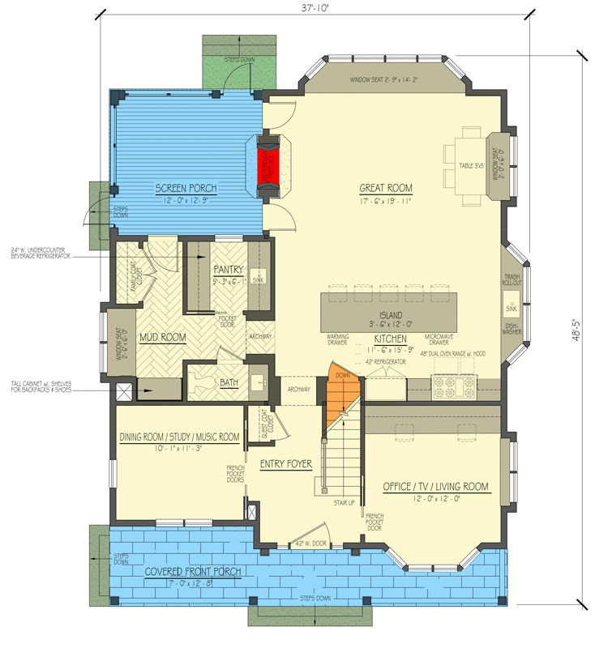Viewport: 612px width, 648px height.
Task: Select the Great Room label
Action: [x=385, y=188]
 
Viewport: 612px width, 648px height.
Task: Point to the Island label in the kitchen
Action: [x=390, y=316]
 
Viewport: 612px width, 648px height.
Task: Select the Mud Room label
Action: [x=162, y=337]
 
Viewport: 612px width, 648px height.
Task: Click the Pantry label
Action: [x=229, y=268]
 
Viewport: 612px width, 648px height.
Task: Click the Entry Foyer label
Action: [x=287, y=465]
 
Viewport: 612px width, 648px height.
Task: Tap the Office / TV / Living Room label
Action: [x=435, y=486]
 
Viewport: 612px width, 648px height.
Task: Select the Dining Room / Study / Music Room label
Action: [x=179, y=437]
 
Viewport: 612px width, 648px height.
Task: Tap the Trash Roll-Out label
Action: [x=511, y=280]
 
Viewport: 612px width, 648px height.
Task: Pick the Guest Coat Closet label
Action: [x=263, y=424]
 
